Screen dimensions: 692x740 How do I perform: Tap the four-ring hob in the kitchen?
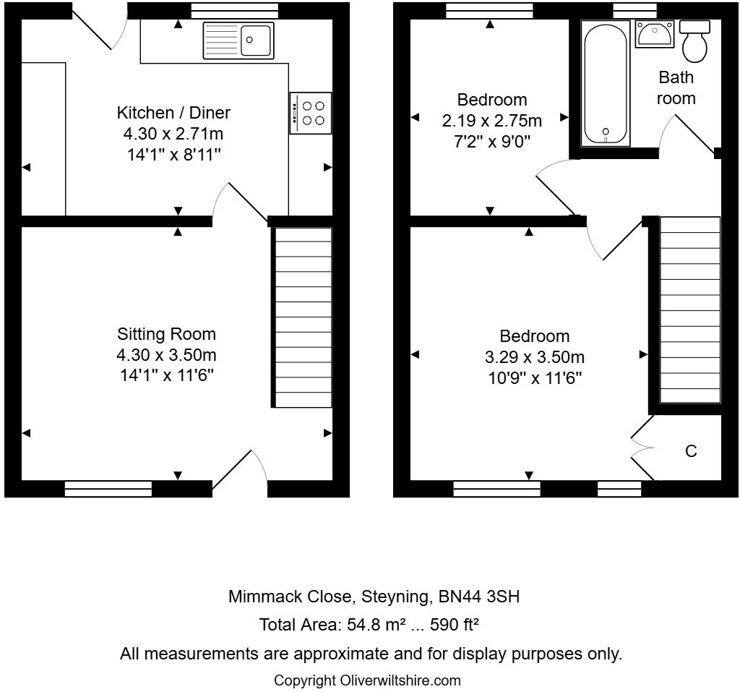311,113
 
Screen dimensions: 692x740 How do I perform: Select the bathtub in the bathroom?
606,83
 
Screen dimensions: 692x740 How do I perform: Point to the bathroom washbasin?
654,33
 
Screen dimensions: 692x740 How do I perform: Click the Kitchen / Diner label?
173,113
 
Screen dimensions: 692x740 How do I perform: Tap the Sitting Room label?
167,334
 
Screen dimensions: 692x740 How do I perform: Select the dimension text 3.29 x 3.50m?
534,357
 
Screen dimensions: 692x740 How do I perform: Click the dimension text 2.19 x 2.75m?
492,120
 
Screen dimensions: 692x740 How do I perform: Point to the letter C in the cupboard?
690,451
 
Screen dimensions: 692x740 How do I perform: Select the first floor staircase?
690,309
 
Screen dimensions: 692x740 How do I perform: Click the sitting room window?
108,490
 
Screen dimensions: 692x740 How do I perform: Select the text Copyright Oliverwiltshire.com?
366,680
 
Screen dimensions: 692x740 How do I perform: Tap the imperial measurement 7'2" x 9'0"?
492,142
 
